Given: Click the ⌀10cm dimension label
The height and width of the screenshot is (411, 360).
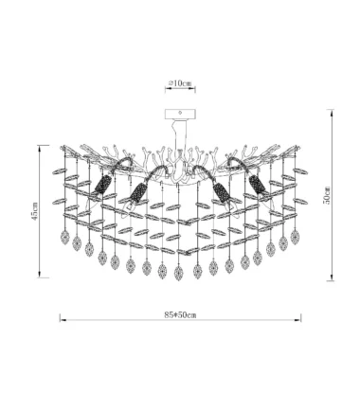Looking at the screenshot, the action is [x=180, y=83].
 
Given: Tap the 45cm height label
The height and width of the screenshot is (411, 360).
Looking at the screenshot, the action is [x=35, y=211].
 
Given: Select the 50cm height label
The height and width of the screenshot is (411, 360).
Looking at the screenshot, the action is [x=327, y=195].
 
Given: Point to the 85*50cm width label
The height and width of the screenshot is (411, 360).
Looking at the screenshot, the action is [x=180, y=314].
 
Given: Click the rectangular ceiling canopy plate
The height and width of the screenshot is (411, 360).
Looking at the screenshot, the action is [x=180, y=114].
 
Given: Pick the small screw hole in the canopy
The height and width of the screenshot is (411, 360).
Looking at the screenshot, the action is [x=180, y=112].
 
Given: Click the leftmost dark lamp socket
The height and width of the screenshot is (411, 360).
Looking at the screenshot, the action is [x=103, y=184].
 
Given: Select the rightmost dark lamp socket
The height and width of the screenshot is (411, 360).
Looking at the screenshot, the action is [x=257, y=184].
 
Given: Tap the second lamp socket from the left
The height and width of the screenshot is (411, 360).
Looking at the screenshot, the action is [x=138, y=192].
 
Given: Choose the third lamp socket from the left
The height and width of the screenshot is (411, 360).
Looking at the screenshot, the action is [x=222, y=192].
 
